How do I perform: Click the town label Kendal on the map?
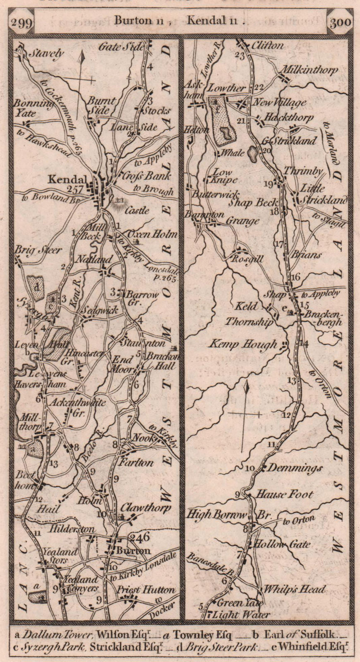pyautogui.click(x=68, y=180)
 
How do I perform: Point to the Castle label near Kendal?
pyautogui.click(x=138, y=210)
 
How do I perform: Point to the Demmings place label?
pyautogui.click(x=295, y=468)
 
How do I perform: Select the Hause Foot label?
pyautogui.click(x=285, y=494)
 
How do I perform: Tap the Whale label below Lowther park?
pyautogui.click(x=233, y=153)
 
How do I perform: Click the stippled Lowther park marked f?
pyautogui.click(x=224, y=120)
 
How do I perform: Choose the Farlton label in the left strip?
pyautogui.click(x=137, y=462)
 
